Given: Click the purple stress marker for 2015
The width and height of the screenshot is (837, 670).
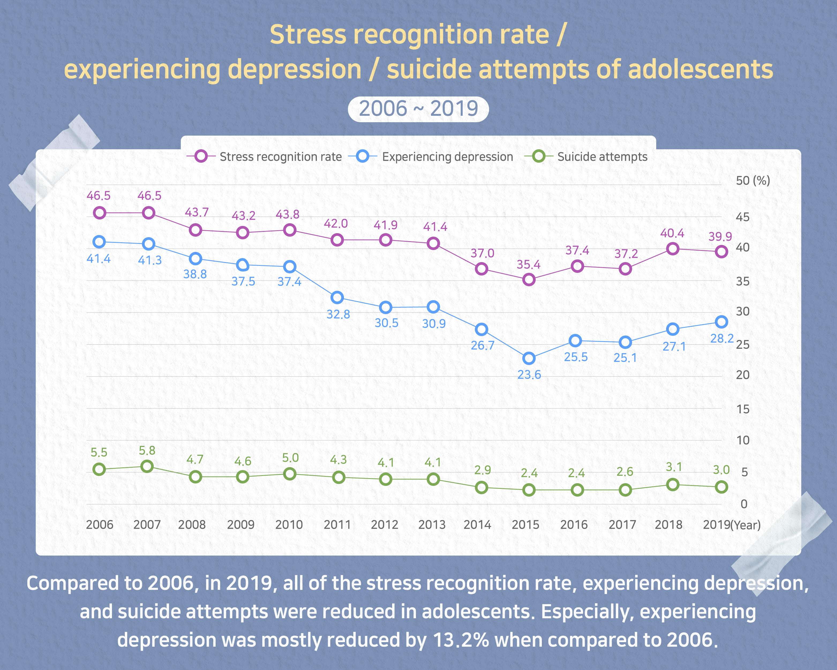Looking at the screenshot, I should (529, 280).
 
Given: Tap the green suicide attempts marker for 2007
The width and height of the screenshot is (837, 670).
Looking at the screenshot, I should (147, 467).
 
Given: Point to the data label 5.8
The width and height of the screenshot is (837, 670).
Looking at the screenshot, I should (147, 451).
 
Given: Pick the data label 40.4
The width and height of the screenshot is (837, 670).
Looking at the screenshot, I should (672, 233).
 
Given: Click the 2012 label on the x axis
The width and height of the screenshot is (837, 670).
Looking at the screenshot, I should (384, 525).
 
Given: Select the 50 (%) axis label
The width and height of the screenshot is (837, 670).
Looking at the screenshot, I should (752, 181).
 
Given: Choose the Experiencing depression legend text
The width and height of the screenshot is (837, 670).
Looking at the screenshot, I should (447, 157).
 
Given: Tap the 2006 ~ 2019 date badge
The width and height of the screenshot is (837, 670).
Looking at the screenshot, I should (418, 109).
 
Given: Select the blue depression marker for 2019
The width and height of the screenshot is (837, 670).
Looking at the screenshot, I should (721, 322).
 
